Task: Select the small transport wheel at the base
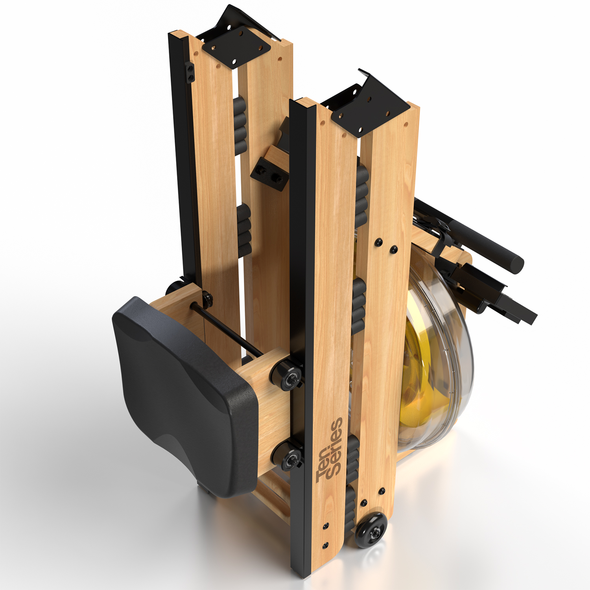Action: click(x=371, y=530)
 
